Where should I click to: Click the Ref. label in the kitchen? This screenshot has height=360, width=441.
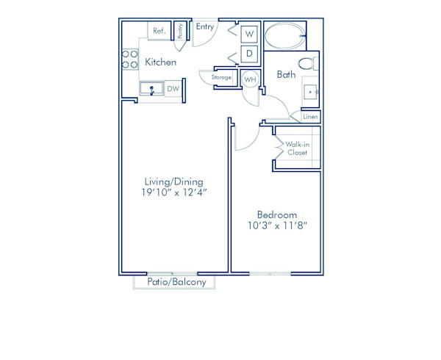tap(158, 32)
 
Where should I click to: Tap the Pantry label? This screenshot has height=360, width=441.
tap(180, 31)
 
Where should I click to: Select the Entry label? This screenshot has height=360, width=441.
tap(205, 27)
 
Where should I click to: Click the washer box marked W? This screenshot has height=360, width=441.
tap(249, 34)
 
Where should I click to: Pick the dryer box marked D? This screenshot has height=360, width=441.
tap(249, 54)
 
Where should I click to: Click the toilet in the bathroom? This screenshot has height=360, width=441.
tap(308, 64)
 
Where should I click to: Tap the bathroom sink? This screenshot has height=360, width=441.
tap(312, 92)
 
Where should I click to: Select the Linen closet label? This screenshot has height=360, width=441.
tap(310, 117)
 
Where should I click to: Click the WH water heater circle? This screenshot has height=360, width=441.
tap(250, 79)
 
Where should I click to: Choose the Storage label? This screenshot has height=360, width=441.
tap(222, 77)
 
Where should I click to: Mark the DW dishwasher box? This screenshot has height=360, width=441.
tap(173, 89)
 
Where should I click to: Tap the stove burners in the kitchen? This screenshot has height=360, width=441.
tap(130, 60)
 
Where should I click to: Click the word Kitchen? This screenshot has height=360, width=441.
tap(160, 62)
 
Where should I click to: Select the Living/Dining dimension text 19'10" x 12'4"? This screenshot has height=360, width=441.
tap(173, 193)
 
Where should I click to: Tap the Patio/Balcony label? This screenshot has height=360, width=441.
tap(174, 282)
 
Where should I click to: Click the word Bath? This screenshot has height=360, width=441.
tap(286, 74)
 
